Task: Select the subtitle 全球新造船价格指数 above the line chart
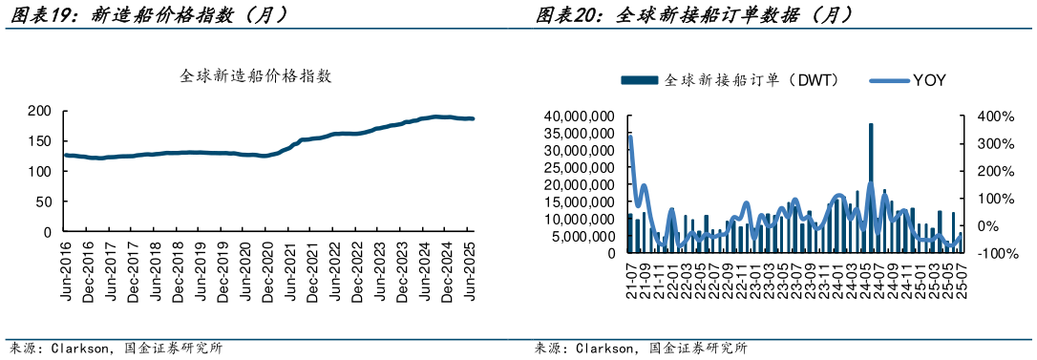pos(255,76)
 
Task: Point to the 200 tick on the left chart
pos(38,112)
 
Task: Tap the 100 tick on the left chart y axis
pos(38,172)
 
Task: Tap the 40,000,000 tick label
pos(578,116)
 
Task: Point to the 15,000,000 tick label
pos(578,201)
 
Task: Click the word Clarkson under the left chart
pos(77,349)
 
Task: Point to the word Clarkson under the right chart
pos(603,349)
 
